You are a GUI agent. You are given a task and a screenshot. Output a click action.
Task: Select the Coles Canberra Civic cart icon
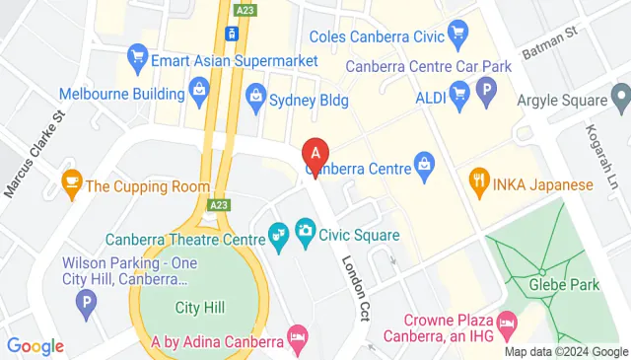point(456,37)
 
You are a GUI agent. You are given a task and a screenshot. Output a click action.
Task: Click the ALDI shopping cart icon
point(458,94)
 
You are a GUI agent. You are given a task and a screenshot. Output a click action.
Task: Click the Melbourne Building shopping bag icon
point(199,94)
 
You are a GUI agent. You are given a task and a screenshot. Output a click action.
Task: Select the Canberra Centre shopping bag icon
point(424,161)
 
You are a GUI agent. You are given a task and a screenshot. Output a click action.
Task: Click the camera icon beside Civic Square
point(305,233)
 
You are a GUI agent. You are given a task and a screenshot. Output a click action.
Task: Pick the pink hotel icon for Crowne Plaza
point(507,323)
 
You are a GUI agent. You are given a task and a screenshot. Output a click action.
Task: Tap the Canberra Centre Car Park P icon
point(485,94)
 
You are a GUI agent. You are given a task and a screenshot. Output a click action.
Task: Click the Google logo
point(35,346)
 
